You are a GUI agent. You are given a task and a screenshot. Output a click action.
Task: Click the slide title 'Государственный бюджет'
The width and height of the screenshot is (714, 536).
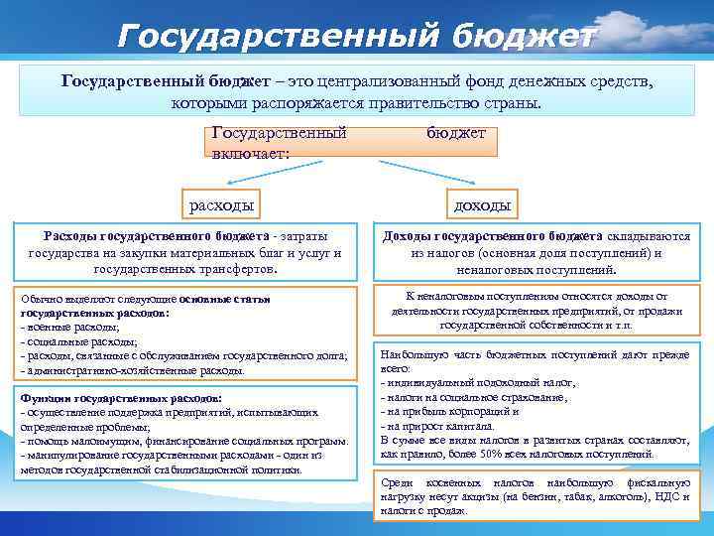(x=357, y=36)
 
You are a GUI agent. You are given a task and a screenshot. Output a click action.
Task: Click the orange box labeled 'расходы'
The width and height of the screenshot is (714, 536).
(x=221, y=205)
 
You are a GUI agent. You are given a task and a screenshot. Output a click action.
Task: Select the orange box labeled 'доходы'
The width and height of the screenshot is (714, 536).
(x=482, y=205)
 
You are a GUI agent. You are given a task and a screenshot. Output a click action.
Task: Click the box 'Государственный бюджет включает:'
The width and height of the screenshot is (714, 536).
(x=353, y=142)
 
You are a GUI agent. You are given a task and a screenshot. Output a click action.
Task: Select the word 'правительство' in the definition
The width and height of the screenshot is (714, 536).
(x=429, y=103)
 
